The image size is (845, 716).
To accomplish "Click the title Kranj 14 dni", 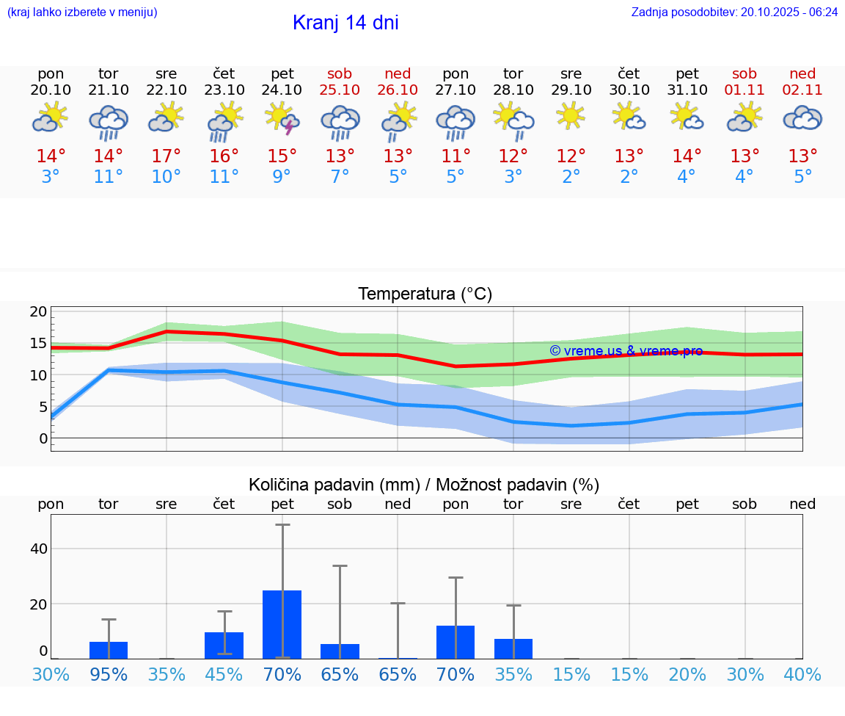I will [345, 23].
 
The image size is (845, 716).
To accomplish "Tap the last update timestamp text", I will [734, 12].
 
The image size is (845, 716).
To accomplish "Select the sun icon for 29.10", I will [571, 117].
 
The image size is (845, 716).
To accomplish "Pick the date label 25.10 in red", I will [340, 90].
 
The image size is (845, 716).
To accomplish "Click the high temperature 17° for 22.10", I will [167, 156].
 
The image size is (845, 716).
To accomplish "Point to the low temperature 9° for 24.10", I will [282, 177].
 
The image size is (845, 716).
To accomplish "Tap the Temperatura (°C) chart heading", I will [425, 294].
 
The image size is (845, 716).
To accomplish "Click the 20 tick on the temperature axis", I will [38, 311].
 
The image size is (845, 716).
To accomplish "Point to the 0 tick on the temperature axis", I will [43, 438].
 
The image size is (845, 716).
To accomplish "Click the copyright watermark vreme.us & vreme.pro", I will [626, 351].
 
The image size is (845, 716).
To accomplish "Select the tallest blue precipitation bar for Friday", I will [282, 624].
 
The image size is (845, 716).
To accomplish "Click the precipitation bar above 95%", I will [109, 650].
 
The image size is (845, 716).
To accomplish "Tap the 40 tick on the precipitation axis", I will [38, 549].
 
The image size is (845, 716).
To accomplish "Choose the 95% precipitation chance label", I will [109, 674].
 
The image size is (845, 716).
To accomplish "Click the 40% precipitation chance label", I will [802, 674].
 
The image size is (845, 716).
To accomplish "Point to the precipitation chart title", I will [424, 485].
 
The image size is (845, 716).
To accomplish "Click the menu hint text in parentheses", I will [82, 12].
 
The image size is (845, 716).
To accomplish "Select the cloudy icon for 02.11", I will [802, 117].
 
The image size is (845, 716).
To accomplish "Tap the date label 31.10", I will [687, 90].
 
